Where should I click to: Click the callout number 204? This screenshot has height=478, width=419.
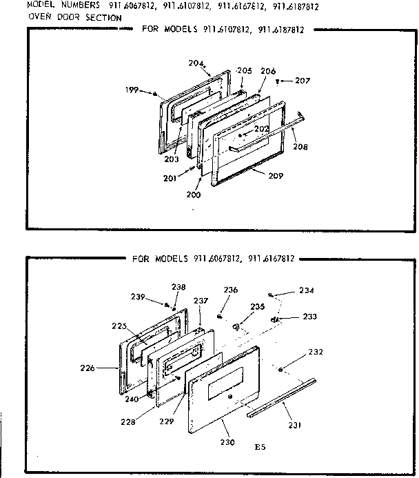click(196, 63)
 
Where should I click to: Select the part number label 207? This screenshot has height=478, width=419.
click(302, 81)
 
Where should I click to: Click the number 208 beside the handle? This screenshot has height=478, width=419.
click(300, 146)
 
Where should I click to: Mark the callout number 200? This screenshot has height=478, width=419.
click(194, 195)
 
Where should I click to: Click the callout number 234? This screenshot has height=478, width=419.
click(306, 290)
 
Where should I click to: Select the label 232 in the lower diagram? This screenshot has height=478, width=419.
click(315, 352)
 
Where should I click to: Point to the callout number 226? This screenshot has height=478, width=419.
click(106, 368)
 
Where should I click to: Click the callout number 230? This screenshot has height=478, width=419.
click(227, 441)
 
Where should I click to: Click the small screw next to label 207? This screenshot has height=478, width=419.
click(277, 81)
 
